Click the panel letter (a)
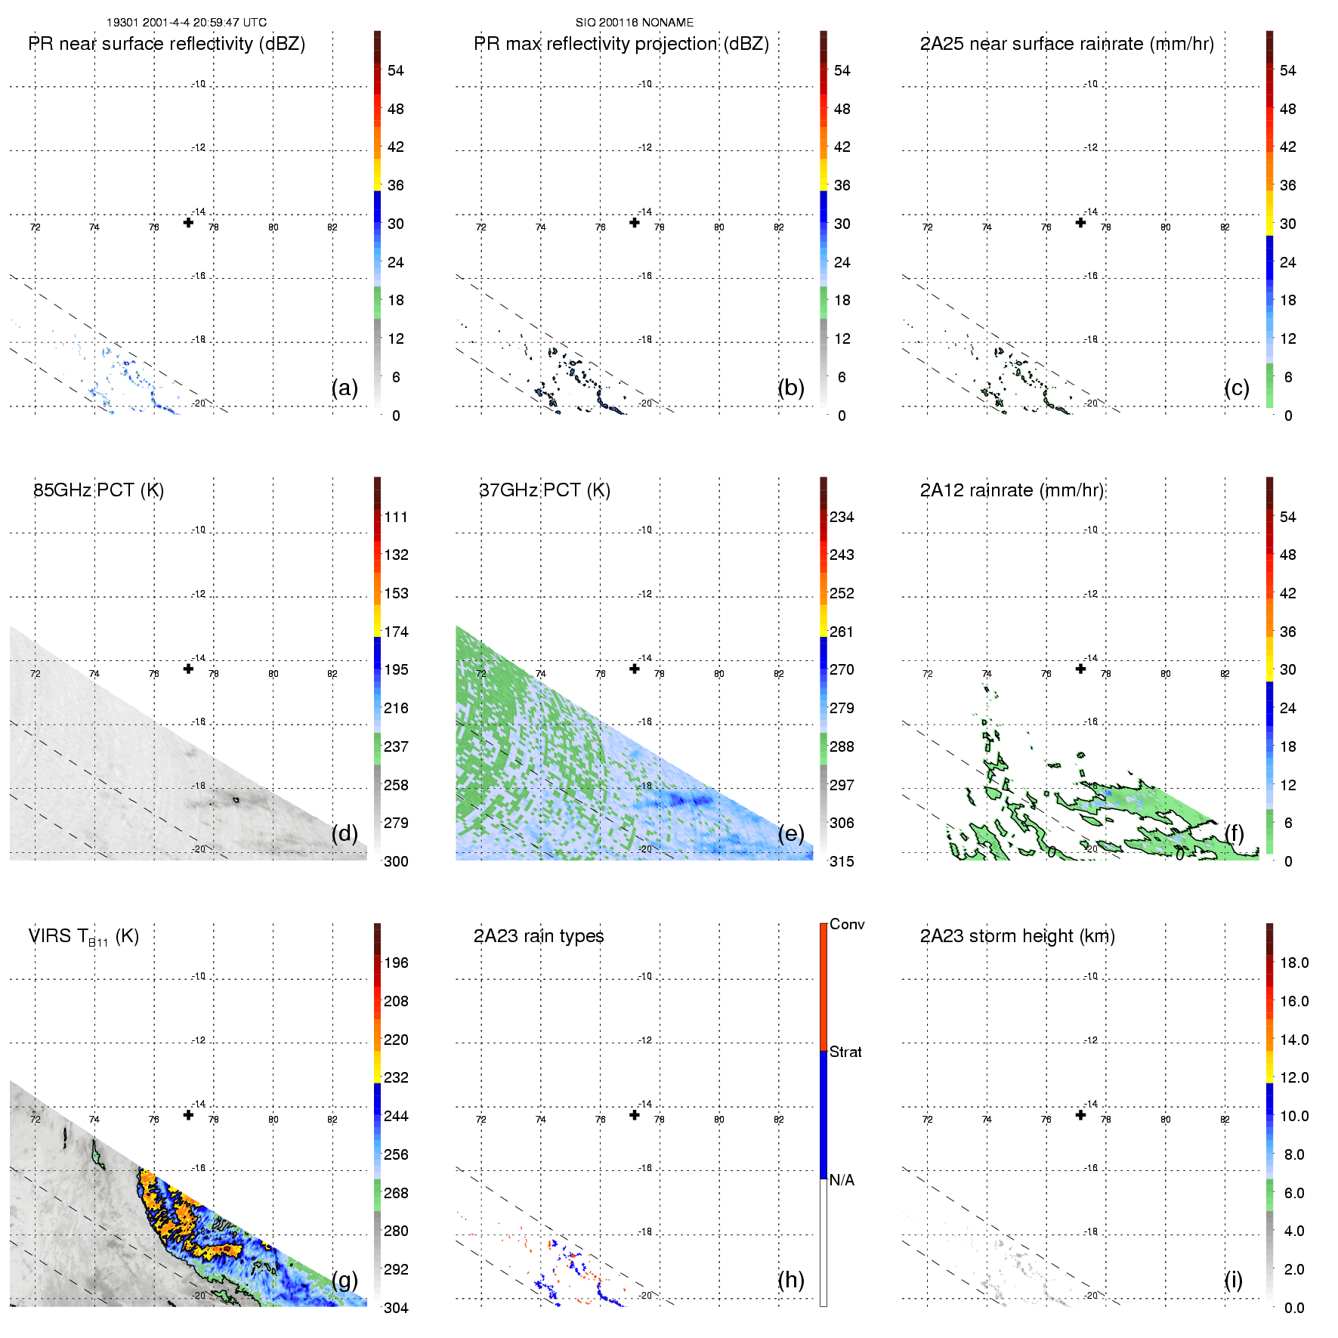[345, 388]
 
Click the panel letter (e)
[790, 833]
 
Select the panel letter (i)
[1233, 1280]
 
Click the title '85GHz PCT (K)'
[99, 490]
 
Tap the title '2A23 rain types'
[539, 936]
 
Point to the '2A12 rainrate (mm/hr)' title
[1012, 490]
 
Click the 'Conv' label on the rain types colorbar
[847, 924]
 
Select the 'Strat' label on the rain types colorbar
[845, 1052]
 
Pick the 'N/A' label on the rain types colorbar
[842, 1180]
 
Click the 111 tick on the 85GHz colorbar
[396, 517]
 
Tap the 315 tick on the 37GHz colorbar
[842, 861]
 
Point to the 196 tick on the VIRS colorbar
[396, 963]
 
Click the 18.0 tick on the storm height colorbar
[1294, 963]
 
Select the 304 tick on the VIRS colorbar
[396, 1308]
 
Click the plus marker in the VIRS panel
[188, 1115]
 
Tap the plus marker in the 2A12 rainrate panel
[1080, 669]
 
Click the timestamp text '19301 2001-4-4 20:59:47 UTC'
[187, 23]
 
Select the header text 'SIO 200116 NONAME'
[635, 23]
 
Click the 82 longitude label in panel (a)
[332, 227]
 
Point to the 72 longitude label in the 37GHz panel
[481, 673]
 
